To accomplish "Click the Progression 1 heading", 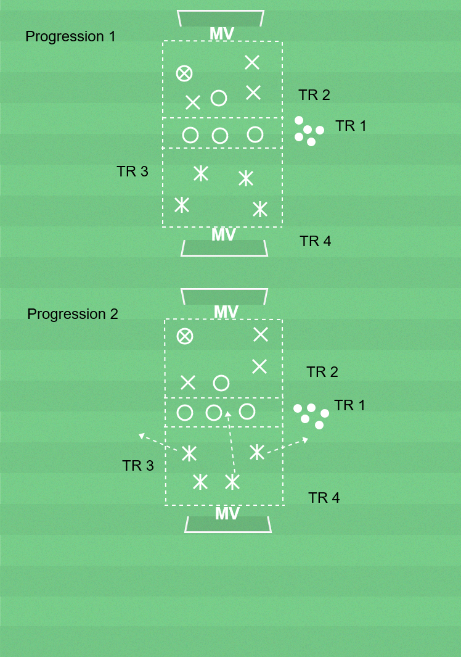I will tap(70, 36).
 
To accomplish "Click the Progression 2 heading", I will tap(73, 314).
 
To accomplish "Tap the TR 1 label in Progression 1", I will tap(351, 126).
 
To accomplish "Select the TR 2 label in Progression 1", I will tap(314, 95).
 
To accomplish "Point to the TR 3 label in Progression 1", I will tap(133, 171).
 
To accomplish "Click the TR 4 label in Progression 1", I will tap(316, 241).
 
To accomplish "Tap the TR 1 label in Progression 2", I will tap(349, 405).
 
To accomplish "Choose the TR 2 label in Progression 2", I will tap(322, 372).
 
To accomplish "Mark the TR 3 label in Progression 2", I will tap(138, 466).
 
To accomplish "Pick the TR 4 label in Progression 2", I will tap(324, 498).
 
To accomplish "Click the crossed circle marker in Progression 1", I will tap(184, 73).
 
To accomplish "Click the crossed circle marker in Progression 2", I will tap(185, 336).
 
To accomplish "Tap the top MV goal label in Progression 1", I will tap(222, 34).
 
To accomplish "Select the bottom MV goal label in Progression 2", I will tap(227, 514).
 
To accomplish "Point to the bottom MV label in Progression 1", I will tap(224, 235).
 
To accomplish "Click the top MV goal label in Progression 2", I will tap(226, 312).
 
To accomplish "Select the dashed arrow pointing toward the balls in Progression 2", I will tap(287, 446).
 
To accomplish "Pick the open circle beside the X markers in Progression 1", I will tap(219, 98).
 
